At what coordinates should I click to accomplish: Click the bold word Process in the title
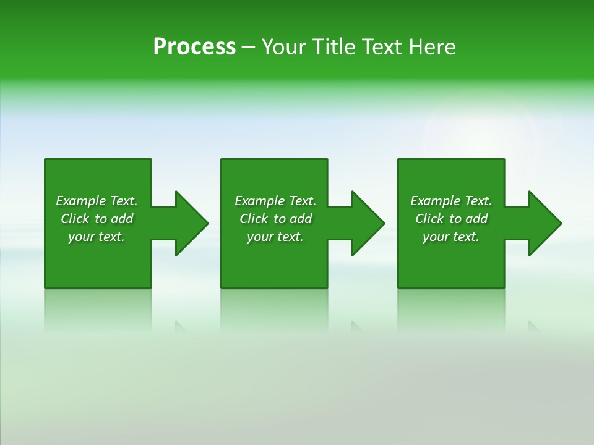194,47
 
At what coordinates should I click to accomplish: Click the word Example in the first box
80,201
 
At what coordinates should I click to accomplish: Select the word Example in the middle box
259,201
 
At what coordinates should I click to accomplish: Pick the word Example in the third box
435,201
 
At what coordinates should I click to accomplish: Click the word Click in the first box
75,219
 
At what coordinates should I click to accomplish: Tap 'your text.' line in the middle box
275,237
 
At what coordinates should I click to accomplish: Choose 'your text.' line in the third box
450,237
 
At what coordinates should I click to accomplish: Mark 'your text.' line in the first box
96,237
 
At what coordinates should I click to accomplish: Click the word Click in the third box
429,219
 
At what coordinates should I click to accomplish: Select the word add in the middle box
301,219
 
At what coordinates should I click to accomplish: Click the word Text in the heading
383,47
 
